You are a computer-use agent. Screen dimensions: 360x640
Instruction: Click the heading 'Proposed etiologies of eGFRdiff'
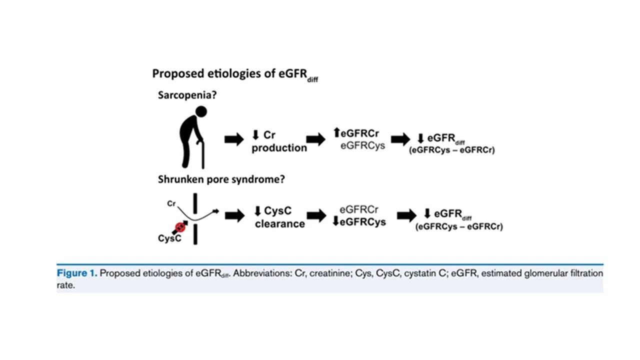[235, 74]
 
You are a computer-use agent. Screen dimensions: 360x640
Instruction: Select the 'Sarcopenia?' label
[184, 95]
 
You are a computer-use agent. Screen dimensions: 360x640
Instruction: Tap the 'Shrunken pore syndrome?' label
[221, 179]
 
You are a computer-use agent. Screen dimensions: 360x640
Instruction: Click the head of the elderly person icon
[201, 111]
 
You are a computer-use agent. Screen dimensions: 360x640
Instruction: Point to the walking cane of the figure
[202, 155]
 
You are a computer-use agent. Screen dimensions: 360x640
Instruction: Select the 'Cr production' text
[279, 141]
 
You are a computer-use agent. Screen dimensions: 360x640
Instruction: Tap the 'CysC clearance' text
[279, 217]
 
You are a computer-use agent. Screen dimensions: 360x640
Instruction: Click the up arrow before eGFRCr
[336, 133]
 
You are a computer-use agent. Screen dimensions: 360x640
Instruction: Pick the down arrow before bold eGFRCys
[335, 221]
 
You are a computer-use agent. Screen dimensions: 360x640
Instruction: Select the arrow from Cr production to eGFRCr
[316, 140]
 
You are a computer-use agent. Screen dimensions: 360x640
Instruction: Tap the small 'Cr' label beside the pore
[171, 204]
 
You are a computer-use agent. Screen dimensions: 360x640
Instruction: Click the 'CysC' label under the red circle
[169, 238]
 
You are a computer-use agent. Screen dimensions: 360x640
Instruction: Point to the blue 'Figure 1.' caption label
[77, 273]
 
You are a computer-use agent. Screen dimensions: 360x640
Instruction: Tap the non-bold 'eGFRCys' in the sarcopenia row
[362, 145]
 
